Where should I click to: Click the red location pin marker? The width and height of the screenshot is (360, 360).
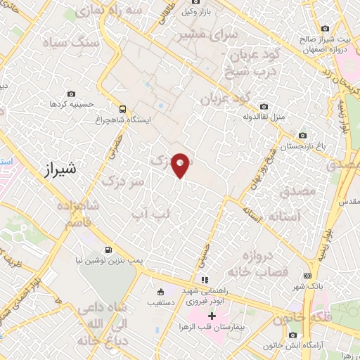click(x=181, y=164)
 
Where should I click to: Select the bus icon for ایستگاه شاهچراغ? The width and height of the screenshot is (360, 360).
click(x=123, y=109)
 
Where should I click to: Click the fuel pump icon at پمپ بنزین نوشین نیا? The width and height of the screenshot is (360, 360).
click(x=108, y=250)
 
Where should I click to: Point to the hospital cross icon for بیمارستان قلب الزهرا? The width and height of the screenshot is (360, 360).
click(x=212, y=316)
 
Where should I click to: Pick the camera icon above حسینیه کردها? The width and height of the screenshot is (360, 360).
click(x=71, y=94)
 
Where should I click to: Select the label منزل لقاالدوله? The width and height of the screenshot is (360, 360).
click(x=263, y=117)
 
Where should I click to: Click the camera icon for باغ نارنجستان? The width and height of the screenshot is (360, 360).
click(x=302, y=135)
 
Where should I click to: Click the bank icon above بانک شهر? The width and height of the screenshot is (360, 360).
click(x=307, y=276)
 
